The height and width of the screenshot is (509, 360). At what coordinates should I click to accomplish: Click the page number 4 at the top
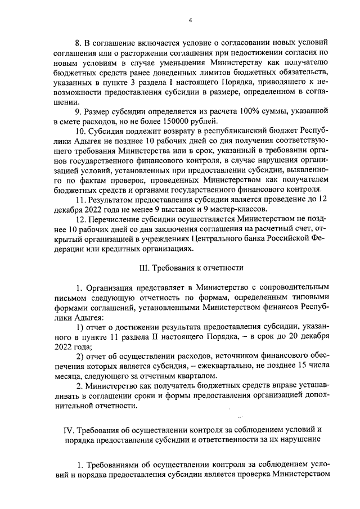(x=190, y=20)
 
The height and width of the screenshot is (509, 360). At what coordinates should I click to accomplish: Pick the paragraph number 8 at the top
(x=79, y=43)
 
